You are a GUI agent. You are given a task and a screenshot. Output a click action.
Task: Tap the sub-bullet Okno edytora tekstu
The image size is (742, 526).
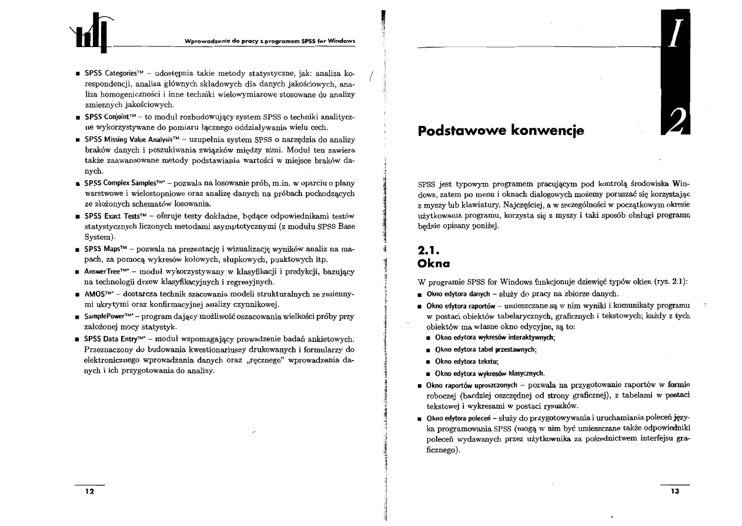click(466, 361)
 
